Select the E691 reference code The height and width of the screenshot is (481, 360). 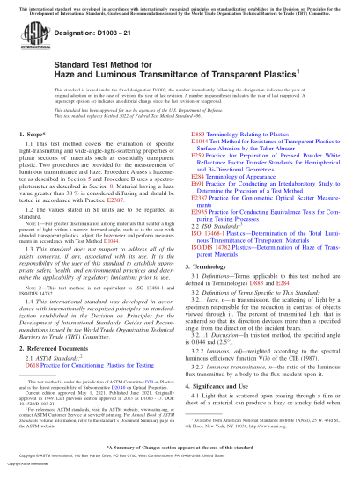198,208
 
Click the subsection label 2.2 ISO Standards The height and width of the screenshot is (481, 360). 221,251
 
